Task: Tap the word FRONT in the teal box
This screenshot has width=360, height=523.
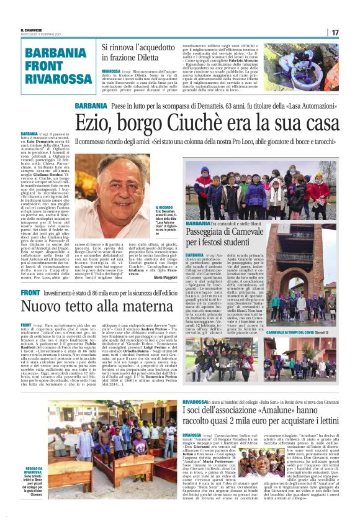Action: (44, 66)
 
